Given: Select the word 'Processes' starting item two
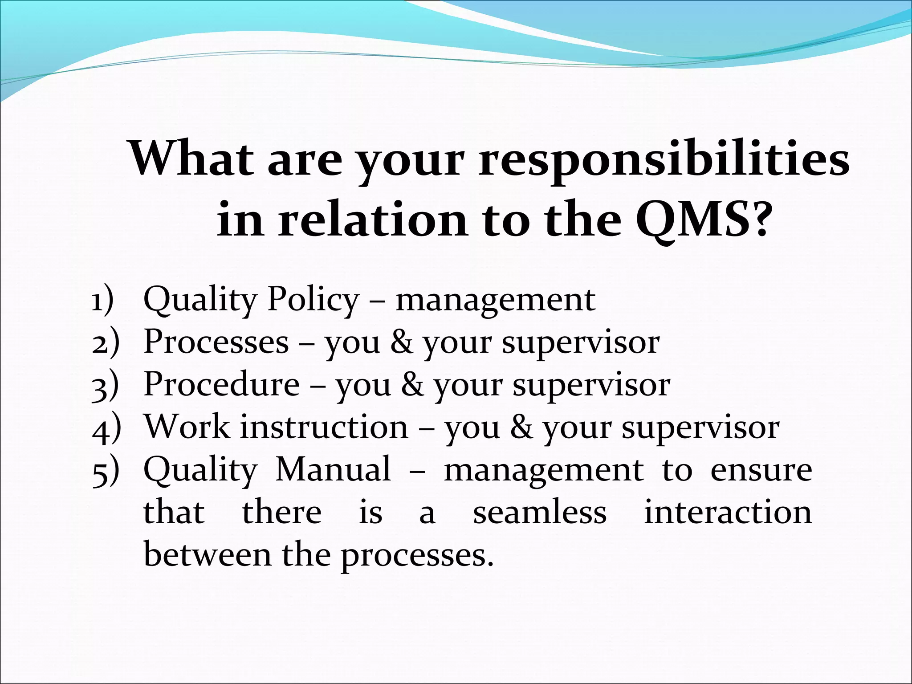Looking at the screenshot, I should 216,342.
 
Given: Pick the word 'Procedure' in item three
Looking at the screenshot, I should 222,384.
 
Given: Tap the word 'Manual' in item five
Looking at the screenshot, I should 333,469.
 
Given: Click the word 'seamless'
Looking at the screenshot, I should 540,513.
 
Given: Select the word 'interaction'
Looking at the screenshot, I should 728,512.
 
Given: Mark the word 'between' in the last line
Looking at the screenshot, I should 208,555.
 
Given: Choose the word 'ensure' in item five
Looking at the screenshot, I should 761,470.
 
